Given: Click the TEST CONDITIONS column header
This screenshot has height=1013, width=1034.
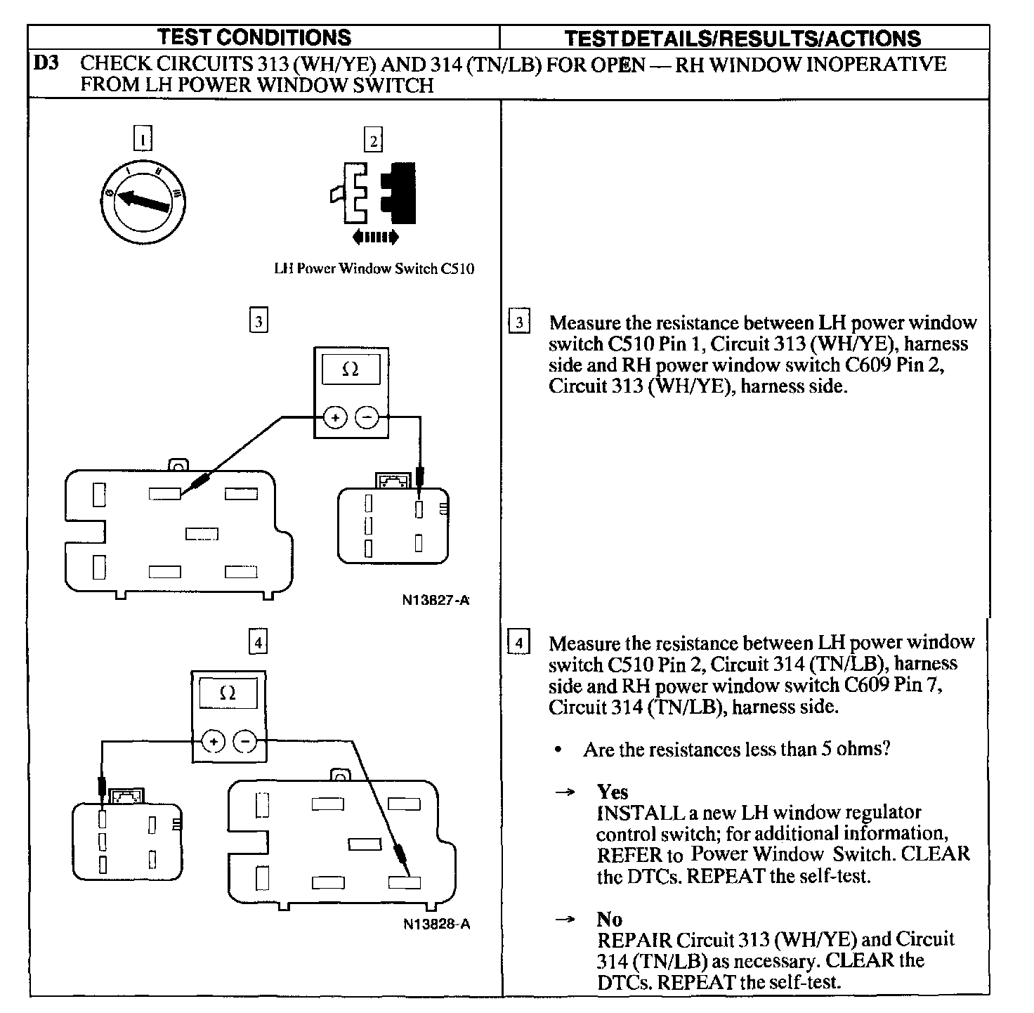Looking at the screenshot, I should click(x=254, y=37).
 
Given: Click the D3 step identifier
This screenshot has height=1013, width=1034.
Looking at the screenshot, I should click(x=46, y=63).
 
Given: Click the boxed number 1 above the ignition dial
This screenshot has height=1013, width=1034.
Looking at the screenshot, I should click(x=143, y=139).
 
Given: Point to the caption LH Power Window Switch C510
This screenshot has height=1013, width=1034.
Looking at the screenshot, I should click(x=374, y=268).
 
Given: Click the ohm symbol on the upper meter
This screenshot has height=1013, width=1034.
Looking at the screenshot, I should click(x=350, y=370).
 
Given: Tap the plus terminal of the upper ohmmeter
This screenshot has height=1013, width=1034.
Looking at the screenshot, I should click(x=335, y=418).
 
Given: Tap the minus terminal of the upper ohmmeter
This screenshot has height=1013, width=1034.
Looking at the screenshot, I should click(x=367, y=418).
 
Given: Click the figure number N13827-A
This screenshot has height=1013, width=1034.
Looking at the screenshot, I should click(x=436, y=601).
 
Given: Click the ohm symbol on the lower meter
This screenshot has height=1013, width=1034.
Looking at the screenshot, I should click(x=228, y=693).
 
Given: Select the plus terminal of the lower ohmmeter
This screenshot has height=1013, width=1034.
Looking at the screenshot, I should click(x=214, y=740).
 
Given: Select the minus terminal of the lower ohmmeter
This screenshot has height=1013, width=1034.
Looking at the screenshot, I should click(x=245, y=740).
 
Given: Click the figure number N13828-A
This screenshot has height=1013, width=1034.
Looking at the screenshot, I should click(x=436, y=923).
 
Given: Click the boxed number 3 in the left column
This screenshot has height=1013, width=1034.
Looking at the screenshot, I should click(x=258, y=322).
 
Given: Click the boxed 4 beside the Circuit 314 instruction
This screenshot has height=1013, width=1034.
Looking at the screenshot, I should click(x=518, y=643).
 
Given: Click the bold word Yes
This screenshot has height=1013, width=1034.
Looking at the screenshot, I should click(x=612, y=792).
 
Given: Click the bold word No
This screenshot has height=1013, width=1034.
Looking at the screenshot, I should click(x=609, y=919).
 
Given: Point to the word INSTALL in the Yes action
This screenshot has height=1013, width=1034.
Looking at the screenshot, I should click(x=640, y=813).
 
